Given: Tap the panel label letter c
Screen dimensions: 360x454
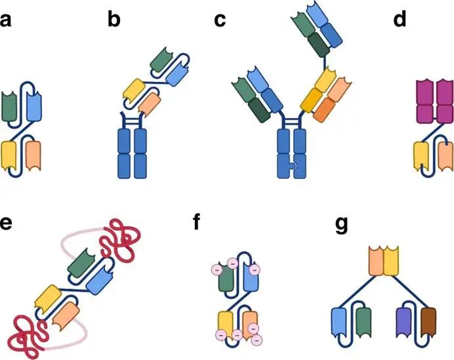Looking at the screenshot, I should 220,20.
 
